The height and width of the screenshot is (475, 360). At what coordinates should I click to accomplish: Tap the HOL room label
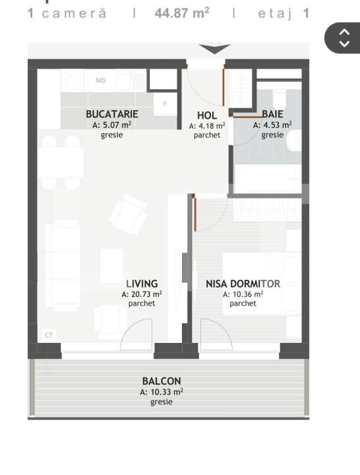(x=207, y=115)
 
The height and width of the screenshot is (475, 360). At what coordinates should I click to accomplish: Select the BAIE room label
(x=272, y=114)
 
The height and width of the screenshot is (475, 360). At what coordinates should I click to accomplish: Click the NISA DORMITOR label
(x=243, y=284)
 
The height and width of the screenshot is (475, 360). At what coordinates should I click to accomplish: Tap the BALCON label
(x=161, y=381)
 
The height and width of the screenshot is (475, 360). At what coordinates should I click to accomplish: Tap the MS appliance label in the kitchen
(x=101, y=81)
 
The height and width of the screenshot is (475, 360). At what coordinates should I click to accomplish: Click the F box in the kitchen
(x=165, y=104)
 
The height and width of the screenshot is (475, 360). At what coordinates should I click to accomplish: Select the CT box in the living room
(x=49, y=336)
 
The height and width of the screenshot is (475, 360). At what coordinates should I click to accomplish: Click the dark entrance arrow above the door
(x=214, y=49)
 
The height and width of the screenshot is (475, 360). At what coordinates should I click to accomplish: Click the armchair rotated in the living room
(x=129, y=214)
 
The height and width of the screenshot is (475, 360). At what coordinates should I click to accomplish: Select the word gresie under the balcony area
(x=161, y=401)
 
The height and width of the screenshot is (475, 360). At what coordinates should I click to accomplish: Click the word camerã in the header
(x=74, y=13)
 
